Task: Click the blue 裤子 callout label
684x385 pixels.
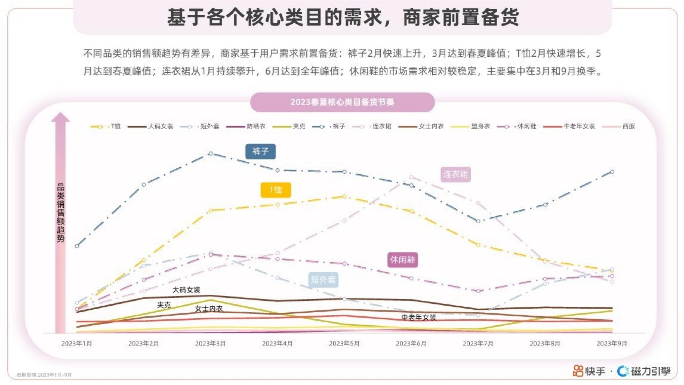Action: coord(260,151)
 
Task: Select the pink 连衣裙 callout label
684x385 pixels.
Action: coord(455,174)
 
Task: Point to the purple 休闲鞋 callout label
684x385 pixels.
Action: coord(402,260)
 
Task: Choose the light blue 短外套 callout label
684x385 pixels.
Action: coord(323,280)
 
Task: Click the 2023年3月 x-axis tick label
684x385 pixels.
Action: coord(210,344)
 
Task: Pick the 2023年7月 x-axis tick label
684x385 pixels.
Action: coord(478,344)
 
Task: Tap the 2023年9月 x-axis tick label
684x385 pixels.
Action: coord(612,344)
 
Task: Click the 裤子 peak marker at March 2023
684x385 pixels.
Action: coord(211,153)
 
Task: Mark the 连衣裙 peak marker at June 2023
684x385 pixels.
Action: coord(411,177)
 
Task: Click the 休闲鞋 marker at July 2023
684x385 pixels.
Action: coord(478,291)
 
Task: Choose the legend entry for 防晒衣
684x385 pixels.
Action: coord(256,126)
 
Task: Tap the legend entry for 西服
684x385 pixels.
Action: coord(628,126)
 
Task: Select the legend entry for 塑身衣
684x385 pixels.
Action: coord(480,126)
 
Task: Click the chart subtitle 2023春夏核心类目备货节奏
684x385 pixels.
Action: coord(342,102)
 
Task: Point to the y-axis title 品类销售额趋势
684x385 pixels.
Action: coord(61,212)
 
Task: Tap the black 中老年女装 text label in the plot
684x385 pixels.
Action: coord(418,317)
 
